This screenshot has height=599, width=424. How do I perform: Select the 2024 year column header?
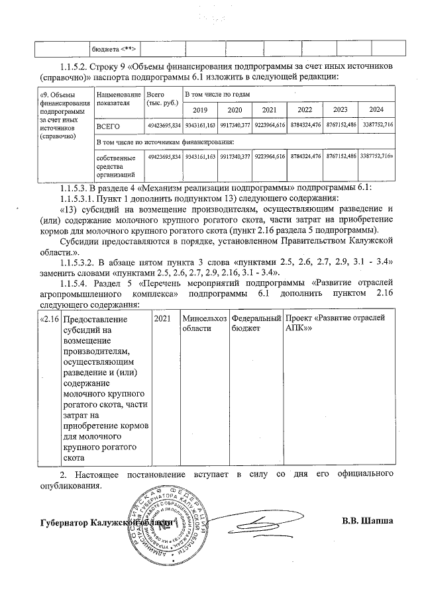tap(376, 109)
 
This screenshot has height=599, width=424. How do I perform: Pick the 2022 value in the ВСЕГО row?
tap(305, 124)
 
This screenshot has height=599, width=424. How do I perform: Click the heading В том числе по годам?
tap(213, 96)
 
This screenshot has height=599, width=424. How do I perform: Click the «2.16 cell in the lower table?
tap(48, 318)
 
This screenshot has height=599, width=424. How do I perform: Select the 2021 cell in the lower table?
tap(162, 318)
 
